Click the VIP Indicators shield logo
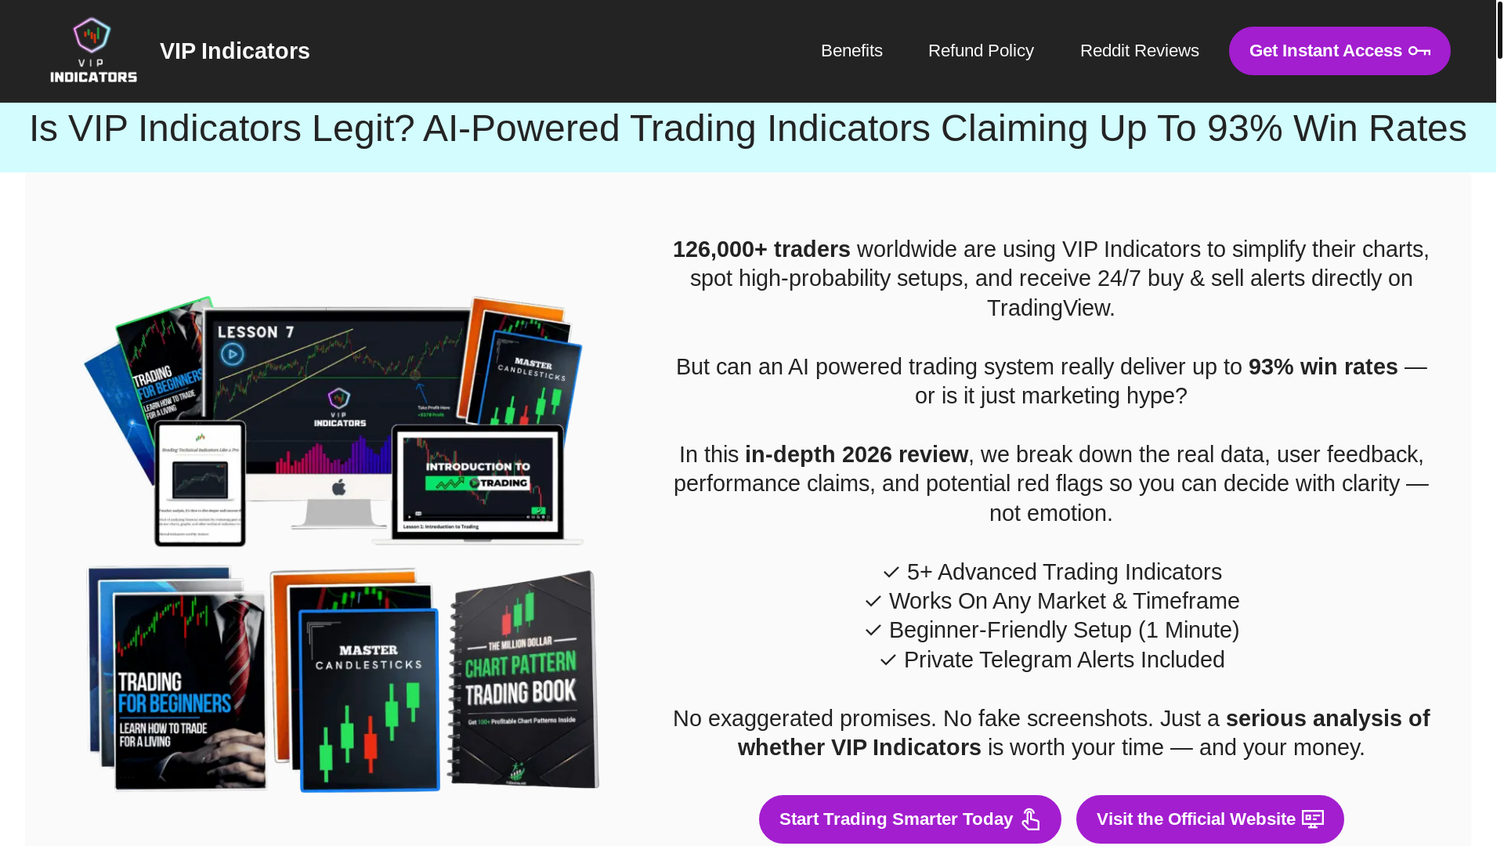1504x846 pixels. pos(93,50)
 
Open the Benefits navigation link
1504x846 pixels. pos(851,51)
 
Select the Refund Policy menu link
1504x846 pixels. pos(981,51)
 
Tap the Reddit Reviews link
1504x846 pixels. pos(1139,51)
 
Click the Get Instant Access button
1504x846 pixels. pos(1339,51)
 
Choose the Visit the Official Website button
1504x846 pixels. pos(1209,819)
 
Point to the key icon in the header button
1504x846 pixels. pos(1419,52)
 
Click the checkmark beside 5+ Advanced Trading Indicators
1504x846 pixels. pos(891,573)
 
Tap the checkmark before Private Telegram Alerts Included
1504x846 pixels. pos(888,660)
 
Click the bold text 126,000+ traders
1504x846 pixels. pos(761,249)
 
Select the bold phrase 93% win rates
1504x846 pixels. pos(1322,367)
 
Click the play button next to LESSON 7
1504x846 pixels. pos(232,354)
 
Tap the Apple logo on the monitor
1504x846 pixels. pos(338,487)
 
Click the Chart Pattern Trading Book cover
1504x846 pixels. pos(523,680)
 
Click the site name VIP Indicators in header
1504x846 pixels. pos(234,51)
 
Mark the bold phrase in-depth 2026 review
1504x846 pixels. pos(856,454)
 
